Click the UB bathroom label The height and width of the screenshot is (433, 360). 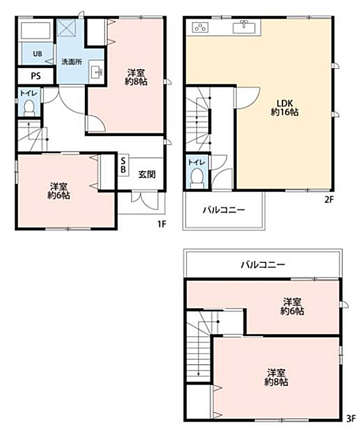pyautogui.click(x=38, y=53)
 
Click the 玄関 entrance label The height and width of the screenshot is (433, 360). pyautogui.click(x=147, y=174)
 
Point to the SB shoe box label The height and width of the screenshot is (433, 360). pyautogui.click(x=123, y=165)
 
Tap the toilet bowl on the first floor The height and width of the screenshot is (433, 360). pyautogui.click(x=28, y=108)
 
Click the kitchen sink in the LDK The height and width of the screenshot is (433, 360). pyautogui.click(x=244, y=27)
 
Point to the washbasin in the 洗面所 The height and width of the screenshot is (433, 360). pyautogui.click(x=96, y=71)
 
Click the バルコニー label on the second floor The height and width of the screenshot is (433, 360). pyautogui.click(x=223, y=210)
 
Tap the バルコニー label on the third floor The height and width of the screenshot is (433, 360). pyautogui.click(x=263, y=264)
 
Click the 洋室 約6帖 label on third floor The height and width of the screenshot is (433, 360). pyautogui.click(x=293, y=306)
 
